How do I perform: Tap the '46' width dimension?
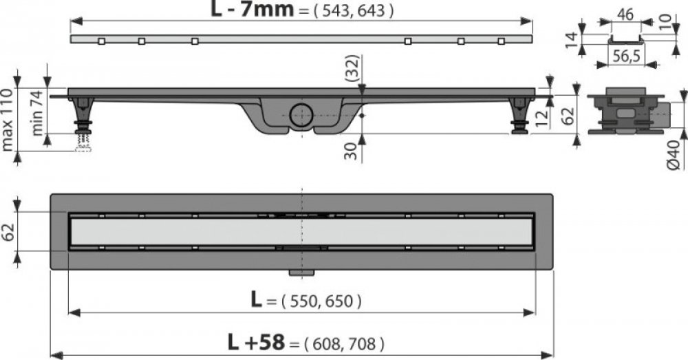click(625, 14)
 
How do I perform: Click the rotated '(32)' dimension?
click(352, 68)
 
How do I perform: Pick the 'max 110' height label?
click(7, 119)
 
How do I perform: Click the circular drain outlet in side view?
click(301, 115)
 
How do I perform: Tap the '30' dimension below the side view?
click(351, 150)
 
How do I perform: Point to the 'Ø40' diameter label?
click(674, 155)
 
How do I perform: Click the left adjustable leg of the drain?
click(83, 115)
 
